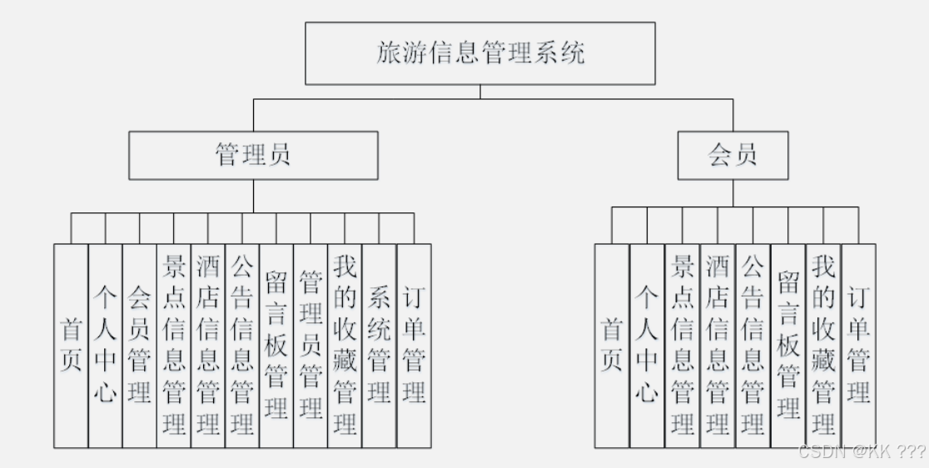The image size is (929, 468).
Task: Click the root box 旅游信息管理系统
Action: tap(479, 53)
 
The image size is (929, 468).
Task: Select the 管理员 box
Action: tap(253, 155)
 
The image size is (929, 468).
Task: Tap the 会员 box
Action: tap(733, 155)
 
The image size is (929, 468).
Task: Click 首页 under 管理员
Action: tap(71, 346)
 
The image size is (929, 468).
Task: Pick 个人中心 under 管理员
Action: tap(105, 346)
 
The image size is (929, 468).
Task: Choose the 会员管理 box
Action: tap(139, 346)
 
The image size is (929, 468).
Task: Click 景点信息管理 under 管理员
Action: tap(173, 346)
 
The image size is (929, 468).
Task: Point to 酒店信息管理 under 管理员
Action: tap(207, 346)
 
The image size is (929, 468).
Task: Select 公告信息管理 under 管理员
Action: tap(241, 346)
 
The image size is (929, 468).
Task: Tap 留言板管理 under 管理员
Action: tap(276, 346)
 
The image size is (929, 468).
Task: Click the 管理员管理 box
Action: tap(310, 346)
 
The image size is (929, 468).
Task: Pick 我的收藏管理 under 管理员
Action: tap(345, 346)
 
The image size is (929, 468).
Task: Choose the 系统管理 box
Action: tap(379, 346)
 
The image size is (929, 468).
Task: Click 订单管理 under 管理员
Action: tap(414, 346)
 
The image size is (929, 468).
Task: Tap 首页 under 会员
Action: tap(612, 346)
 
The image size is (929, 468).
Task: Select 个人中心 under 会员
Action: tap(647, 346)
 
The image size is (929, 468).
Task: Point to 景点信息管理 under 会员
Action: tap(683, 346)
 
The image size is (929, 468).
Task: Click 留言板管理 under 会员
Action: tap(788, 346)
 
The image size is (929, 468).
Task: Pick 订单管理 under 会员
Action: tap(859, 346)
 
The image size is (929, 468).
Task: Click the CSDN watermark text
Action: tap(862, 452)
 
